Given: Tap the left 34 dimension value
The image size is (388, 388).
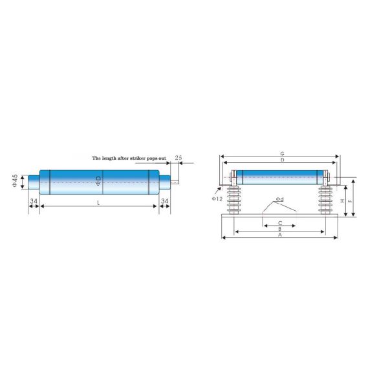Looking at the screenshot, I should (x=33, y=202).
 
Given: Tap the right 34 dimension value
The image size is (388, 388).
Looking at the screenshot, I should (x=164, y=202).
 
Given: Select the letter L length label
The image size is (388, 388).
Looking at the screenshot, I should (x=98, y=202).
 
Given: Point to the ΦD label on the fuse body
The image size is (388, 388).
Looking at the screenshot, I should (x=98, y=182).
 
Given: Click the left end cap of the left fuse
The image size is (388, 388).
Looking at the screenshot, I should (x=33, y=182).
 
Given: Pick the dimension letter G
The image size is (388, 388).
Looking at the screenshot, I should (x=281, y=154).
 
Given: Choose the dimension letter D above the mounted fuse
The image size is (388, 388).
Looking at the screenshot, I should (x=281, y=160).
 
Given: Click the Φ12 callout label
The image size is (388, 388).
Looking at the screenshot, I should (x=217, y=198).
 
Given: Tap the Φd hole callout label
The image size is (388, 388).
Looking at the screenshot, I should (x=279, y=199).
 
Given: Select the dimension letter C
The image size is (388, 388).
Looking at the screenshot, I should (x=279, y=222).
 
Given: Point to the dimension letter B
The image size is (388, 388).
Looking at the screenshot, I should (x=279, y=229).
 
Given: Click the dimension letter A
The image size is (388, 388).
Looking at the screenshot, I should (x=279, y=235).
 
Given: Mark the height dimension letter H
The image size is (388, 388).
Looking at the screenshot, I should (x=341, y=200).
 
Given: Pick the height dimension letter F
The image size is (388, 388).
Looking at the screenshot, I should (x=350, y=200).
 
